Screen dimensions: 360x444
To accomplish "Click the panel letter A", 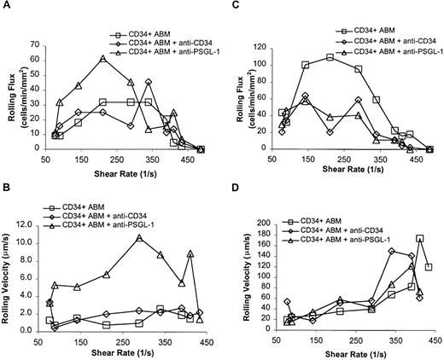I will point(7,7).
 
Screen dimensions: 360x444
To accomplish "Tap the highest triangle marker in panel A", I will point(102,58).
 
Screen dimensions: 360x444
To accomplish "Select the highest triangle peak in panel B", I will point(139,238).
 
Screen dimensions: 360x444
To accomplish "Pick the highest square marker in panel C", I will point(330,57).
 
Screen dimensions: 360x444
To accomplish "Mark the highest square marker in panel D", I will point(419,239).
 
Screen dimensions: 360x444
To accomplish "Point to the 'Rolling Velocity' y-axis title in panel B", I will point(10,273).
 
